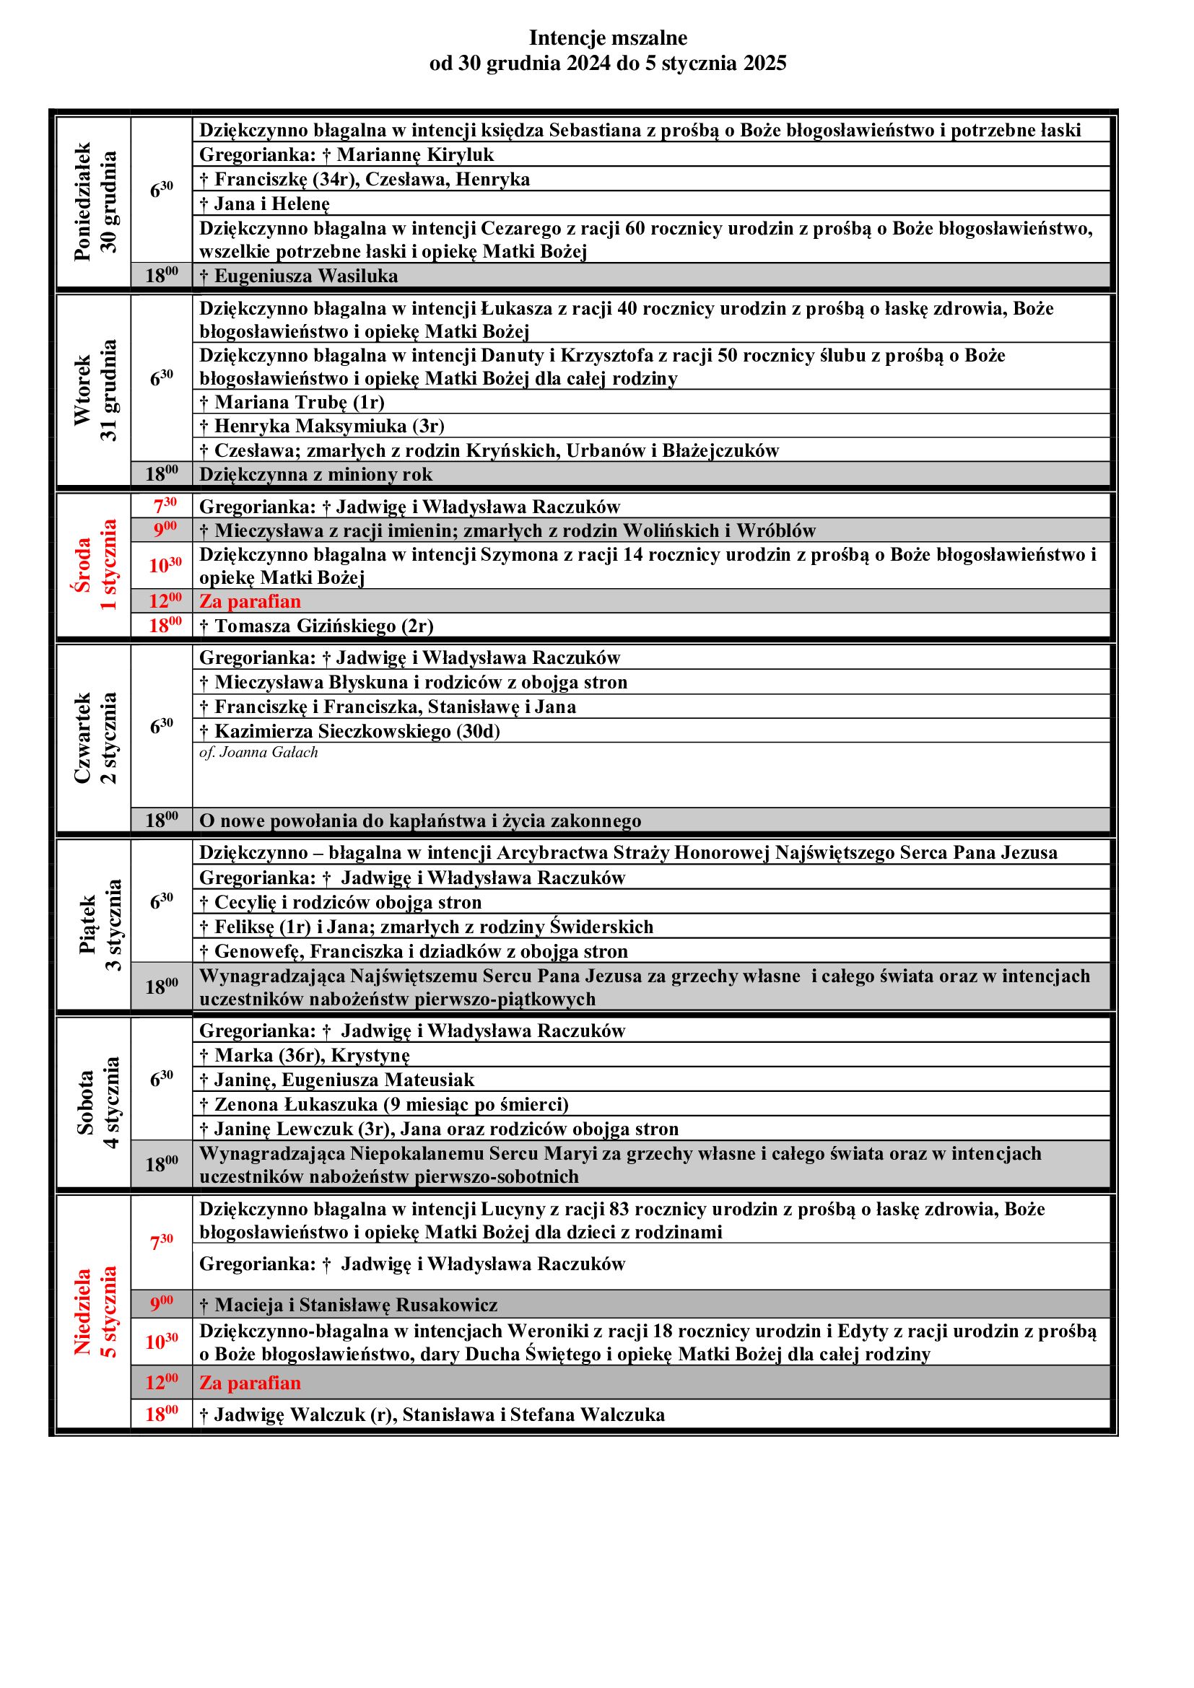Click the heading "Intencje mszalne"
click(608, 38)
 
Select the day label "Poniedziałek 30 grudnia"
click(95, 201)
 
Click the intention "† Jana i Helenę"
click(265, 204)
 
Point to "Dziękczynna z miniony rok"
click(316, 475)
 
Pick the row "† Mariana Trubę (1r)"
click(292, 402)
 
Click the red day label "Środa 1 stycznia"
click(95, 564)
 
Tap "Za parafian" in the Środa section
click(250, 601)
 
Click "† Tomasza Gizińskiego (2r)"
click(316, 626)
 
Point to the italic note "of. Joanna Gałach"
click(259, 752)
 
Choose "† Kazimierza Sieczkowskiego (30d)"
click(350, 732)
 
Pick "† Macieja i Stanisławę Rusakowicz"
click(349, 1305)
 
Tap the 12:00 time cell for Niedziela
click(162, 1383)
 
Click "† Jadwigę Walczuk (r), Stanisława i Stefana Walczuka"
click(432, 1415)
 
